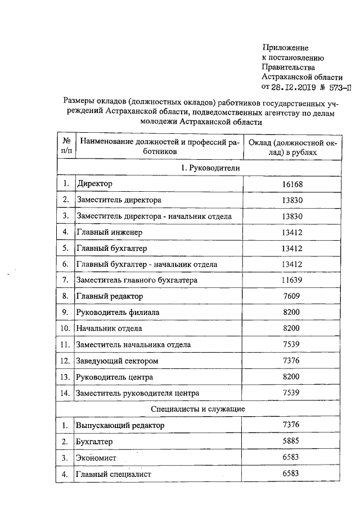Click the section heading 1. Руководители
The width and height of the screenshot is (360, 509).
207,168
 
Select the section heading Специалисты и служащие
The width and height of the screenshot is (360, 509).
207,408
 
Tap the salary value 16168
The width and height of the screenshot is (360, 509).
292,184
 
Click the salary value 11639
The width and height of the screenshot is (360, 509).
292,280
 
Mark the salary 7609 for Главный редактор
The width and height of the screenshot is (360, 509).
292,296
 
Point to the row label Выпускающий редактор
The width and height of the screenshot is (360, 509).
120,426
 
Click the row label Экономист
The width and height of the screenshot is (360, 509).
96,458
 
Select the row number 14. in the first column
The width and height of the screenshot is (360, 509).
66,393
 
